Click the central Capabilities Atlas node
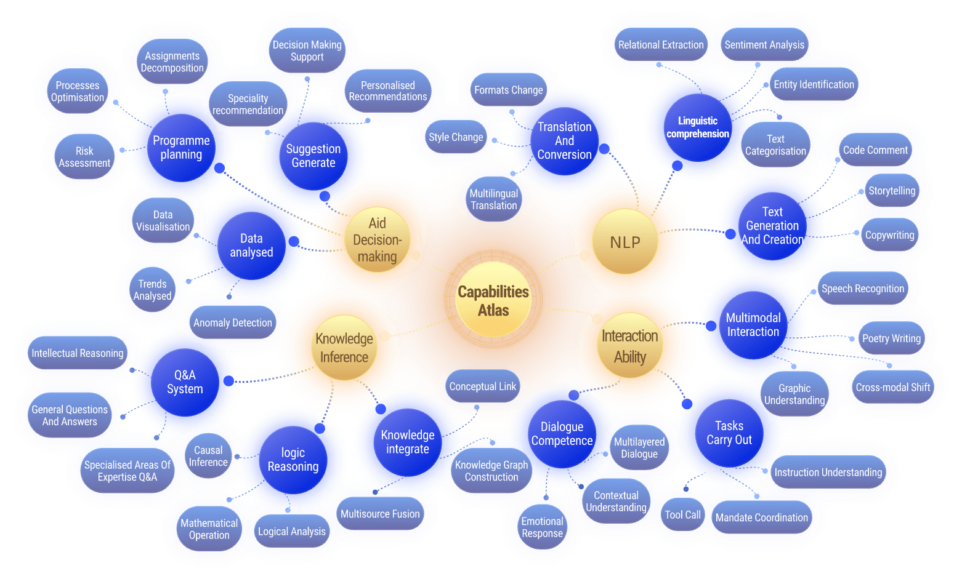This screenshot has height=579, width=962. click(493, 300)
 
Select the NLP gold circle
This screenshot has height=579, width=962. click(624, 242)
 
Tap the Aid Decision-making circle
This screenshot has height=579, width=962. click(377, 240)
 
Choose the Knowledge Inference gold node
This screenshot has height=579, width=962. click(344, 348)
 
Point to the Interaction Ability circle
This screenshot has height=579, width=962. click(629, 346)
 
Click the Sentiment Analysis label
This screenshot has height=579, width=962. click(764, 45)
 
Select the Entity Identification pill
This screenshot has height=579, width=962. click(814, 85)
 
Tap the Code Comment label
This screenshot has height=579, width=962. click(875, 150)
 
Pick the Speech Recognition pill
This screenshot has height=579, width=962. click(862, 289)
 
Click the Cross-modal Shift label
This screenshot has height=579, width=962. click(892, 388)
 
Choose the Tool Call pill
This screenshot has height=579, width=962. click(682, 515)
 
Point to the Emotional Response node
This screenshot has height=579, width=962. click(542, 527)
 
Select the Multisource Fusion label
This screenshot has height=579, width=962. click(380, 514)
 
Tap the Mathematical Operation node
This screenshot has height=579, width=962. click(209, 529)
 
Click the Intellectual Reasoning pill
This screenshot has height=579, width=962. click(78, 353)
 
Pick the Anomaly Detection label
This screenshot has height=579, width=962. click(232, 323)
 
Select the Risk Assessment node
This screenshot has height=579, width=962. click(84, 157)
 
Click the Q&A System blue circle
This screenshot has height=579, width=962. click(185, 382)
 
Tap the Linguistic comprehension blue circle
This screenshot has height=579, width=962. click(697, 127)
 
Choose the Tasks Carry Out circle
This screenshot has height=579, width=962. click(729, 433)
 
